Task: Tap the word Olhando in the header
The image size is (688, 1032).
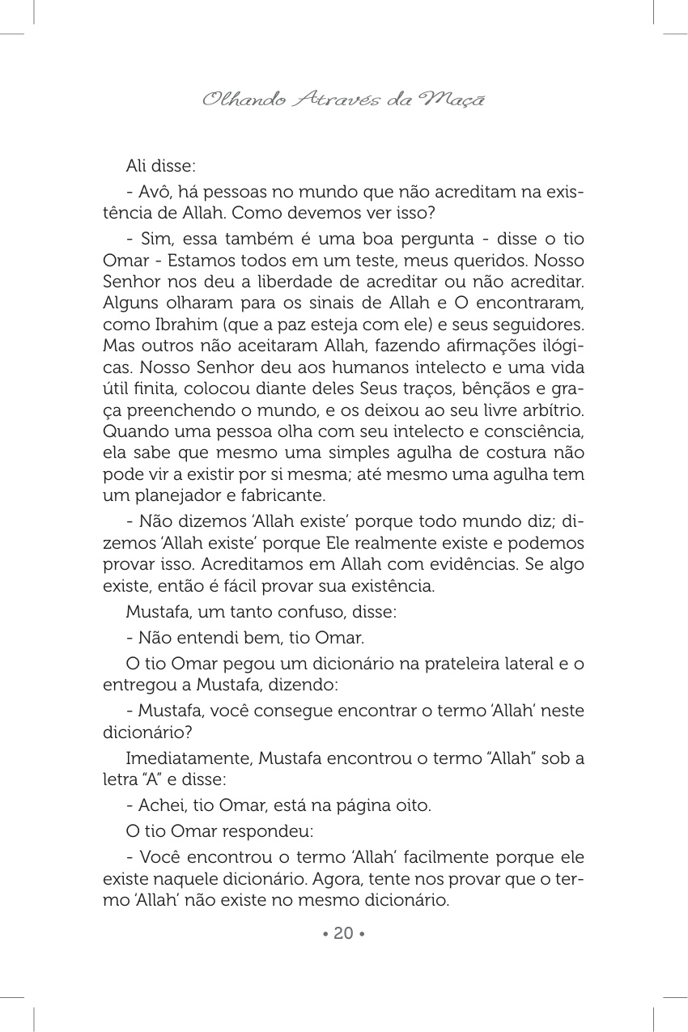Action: coord(232,100)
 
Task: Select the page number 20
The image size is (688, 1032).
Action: coord(343,933)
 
